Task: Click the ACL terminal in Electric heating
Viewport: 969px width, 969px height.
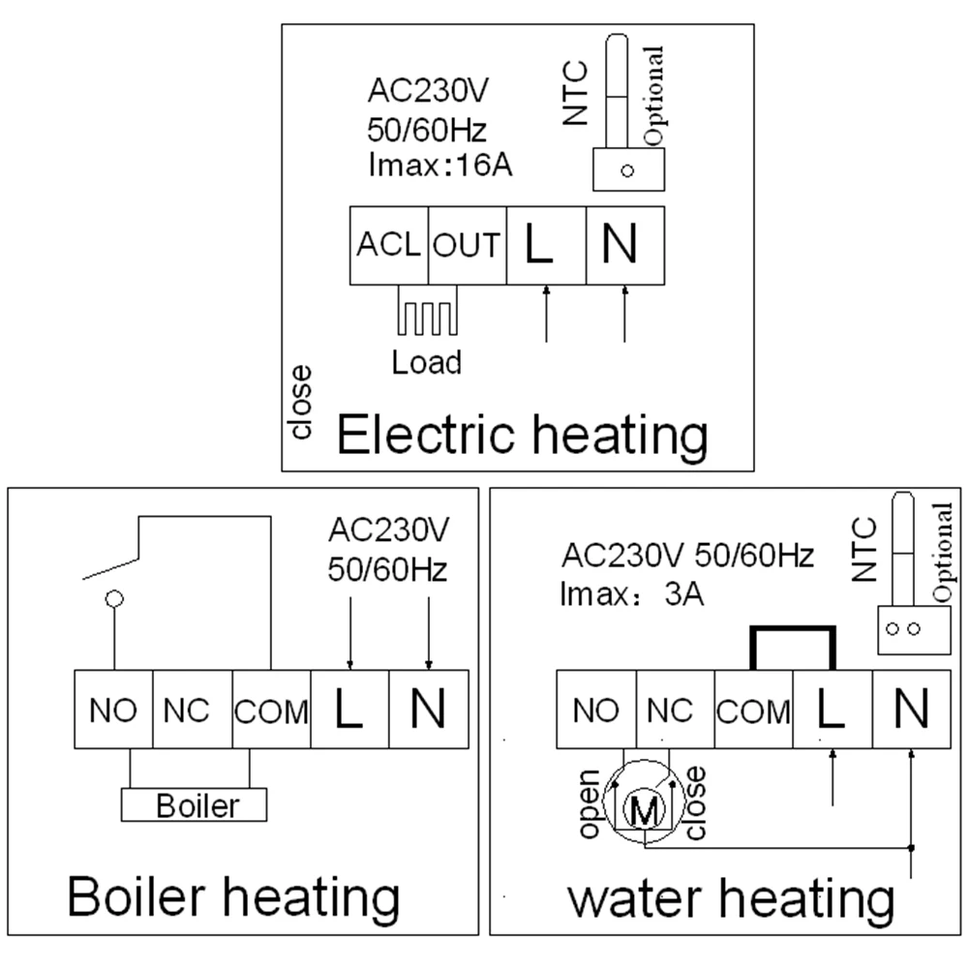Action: [388, 246]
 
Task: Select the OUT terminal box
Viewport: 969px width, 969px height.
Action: [467, 246]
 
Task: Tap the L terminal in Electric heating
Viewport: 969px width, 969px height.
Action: [546, 246]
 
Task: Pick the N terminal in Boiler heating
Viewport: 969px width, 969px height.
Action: [428, 710]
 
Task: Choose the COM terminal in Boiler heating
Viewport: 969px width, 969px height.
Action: [271, 711]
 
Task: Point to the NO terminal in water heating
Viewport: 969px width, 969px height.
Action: [595, 711]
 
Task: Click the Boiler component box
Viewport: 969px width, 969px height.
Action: [193, 805]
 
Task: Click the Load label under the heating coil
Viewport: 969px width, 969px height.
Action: [426, 362]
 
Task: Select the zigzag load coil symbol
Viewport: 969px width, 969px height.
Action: [427, 316]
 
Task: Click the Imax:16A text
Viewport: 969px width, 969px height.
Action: [439, 164]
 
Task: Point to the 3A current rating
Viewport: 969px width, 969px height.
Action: [683, 593]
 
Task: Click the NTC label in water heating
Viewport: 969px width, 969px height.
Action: [863, 549]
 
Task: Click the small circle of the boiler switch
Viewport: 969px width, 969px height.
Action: [114, 598]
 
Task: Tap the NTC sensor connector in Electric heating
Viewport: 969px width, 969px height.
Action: [627, 170]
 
